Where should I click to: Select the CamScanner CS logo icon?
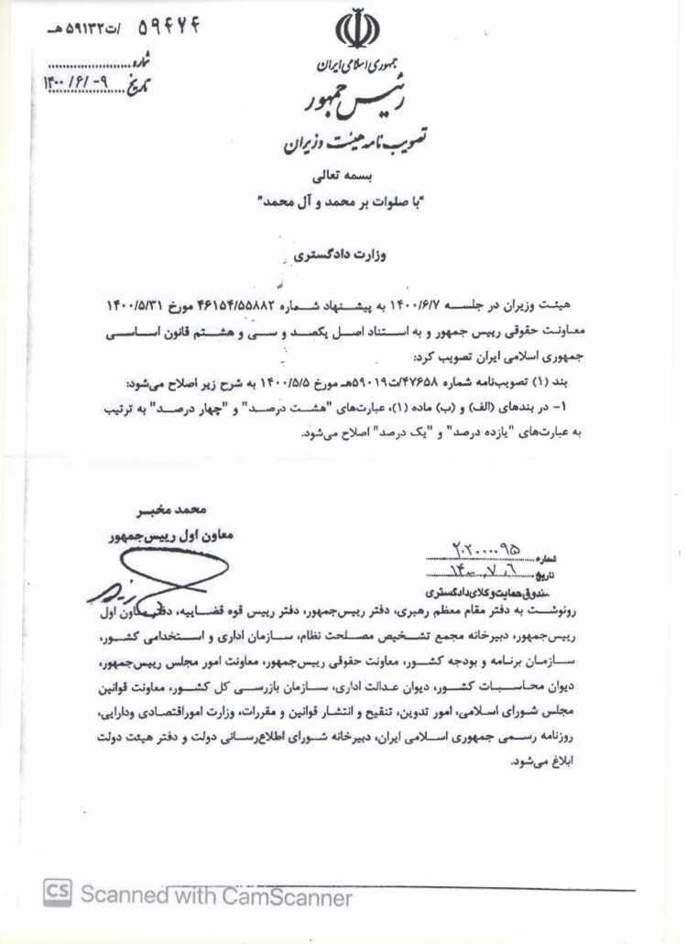pos(58,895)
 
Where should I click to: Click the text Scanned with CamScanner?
pos(216,895)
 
